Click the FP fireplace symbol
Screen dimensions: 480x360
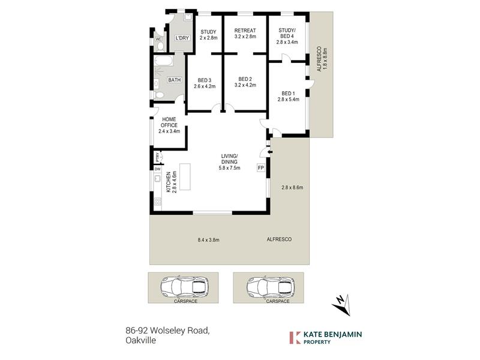tap(260, 168)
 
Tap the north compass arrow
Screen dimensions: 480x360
tap(342, 304)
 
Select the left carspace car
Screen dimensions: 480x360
tap(185, 287)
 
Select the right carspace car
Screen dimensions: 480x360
tap(271, 287)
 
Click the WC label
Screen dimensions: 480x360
tap(158, 39)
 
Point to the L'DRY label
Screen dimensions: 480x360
tap(182, 38)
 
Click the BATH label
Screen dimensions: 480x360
tap(175, 80)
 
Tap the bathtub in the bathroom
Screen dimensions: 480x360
tap(163, 61)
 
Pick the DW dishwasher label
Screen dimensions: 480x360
tap(157, 169)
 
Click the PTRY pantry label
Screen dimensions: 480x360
tap(157, 157)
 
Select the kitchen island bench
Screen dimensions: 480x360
tap(185, 177)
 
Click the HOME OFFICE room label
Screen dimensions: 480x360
tap(169, 122)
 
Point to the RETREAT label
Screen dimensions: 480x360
tap(245, 31)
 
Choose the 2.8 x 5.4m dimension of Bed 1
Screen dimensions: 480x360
tap(289, 99)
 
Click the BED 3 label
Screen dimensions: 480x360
tap(205, 80)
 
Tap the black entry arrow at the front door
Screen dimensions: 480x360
tap(269, 152)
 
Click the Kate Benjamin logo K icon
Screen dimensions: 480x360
tap(295, 338)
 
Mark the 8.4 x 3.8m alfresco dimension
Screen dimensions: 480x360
tap(208, 240)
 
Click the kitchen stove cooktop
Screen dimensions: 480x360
tap(157, 201)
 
